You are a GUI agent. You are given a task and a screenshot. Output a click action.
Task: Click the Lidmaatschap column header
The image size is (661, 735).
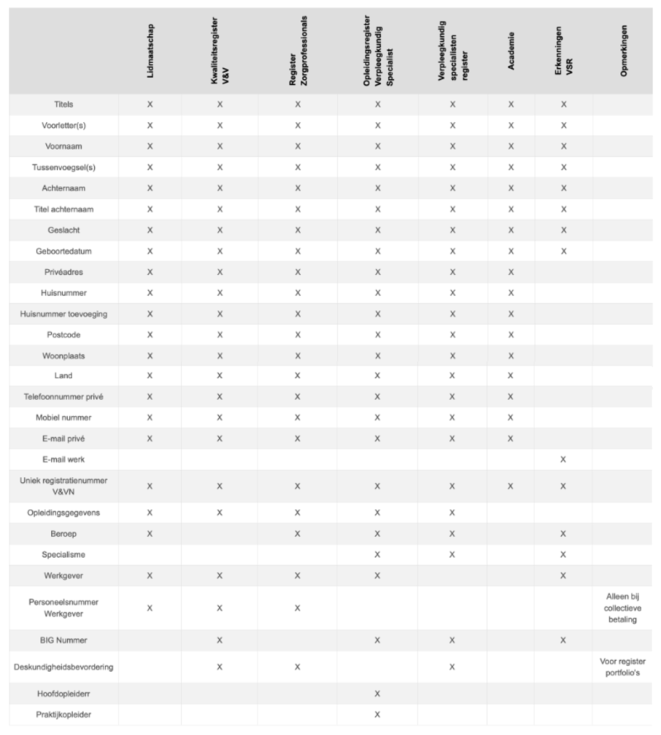coord(150,51)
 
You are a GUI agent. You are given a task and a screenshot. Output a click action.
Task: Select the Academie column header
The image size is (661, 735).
coord(511,51)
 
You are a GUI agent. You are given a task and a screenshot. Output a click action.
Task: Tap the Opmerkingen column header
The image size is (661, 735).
coord(624,51)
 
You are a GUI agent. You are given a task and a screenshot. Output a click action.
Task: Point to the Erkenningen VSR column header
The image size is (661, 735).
coord(564,51)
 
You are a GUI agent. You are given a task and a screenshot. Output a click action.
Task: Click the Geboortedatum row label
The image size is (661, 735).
coord(64,251)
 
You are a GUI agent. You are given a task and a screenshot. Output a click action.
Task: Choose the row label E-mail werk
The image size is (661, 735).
coord(64,459)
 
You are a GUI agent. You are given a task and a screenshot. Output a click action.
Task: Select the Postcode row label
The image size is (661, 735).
coord(64,335)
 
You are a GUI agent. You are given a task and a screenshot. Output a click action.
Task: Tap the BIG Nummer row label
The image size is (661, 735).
coord(64,640)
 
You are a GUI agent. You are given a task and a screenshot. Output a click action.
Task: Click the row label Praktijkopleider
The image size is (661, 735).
coord(64,715)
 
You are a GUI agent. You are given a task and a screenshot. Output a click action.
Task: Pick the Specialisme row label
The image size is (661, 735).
coord(64,554)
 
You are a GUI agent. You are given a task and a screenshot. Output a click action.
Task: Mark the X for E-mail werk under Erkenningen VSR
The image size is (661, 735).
coord(563,459)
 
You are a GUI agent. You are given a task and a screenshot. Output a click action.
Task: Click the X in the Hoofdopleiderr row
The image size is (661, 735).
coord(377,694)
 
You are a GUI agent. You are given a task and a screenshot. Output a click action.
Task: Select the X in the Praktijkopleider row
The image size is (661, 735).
coord(377,715)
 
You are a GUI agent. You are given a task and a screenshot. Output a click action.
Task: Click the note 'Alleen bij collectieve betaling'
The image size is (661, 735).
coord(622,608)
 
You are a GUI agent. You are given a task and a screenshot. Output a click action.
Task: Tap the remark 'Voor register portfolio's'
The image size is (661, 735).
coord(622,667)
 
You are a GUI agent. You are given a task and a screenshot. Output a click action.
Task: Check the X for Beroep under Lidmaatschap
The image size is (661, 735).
coord(150,533)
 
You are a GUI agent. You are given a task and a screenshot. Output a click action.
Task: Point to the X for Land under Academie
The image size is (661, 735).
coord(511,375)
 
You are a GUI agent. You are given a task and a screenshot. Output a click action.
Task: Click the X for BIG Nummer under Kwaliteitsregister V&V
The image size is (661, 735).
coord(220,640)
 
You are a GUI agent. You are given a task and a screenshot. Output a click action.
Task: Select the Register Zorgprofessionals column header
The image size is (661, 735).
coord(298,51)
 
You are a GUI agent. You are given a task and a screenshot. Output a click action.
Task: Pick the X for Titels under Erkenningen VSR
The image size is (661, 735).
coord(564,104)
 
